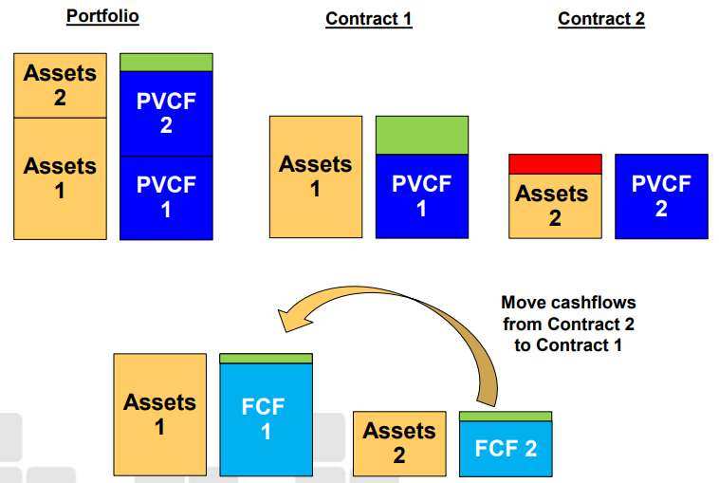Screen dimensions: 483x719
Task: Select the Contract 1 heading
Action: click(368, 19)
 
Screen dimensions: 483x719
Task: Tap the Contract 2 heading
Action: click(601, 19)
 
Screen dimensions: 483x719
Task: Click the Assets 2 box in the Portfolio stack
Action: click(60, 85)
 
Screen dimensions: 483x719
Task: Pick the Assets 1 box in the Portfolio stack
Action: click(60, 177)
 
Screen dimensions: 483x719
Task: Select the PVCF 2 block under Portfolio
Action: click(166, 113)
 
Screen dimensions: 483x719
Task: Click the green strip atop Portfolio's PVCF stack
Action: click(166, 63)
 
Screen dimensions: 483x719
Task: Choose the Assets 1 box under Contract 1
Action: click(315, 176)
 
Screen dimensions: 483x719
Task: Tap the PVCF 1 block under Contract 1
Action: click(422, 195)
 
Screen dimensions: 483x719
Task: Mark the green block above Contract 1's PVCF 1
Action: click(422, 135)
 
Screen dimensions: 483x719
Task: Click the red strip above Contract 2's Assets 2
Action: click(555, 164)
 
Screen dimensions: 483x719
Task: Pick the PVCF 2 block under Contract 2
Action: click(661, 195)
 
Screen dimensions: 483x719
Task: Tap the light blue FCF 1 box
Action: click(266, 418)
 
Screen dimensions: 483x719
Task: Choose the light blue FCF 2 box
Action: click(506, 448)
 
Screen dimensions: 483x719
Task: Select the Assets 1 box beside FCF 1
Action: click(159, 415)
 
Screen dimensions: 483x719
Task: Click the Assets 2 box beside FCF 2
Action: click(399, 443)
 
